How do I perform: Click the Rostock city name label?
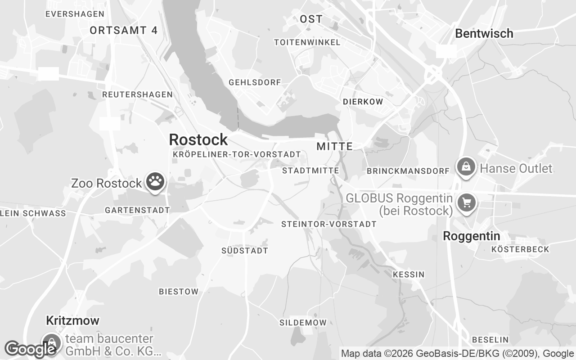(198, 139)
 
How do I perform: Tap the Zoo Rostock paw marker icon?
(156, 182)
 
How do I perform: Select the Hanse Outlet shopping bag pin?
(466, 167)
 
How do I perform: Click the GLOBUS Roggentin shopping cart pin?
(467, 202)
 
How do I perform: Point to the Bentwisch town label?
(484, 33)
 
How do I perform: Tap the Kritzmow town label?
(72, 320)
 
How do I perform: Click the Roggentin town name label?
(471, 236)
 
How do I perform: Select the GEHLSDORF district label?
(255, 82)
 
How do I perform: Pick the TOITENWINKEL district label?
(307, 42)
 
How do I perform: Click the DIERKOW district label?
(363, 102)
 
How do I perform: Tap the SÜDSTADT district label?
(244, 251)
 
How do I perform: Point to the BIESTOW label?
(178, 292)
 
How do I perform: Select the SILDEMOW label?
(303, 323)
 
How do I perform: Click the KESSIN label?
(408, 274)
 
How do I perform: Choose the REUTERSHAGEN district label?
(137, 94)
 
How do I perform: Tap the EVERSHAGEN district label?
(75, 14)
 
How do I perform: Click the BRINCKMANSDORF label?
(408, 171)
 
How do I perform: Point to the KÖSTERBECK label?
(520, 249)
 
